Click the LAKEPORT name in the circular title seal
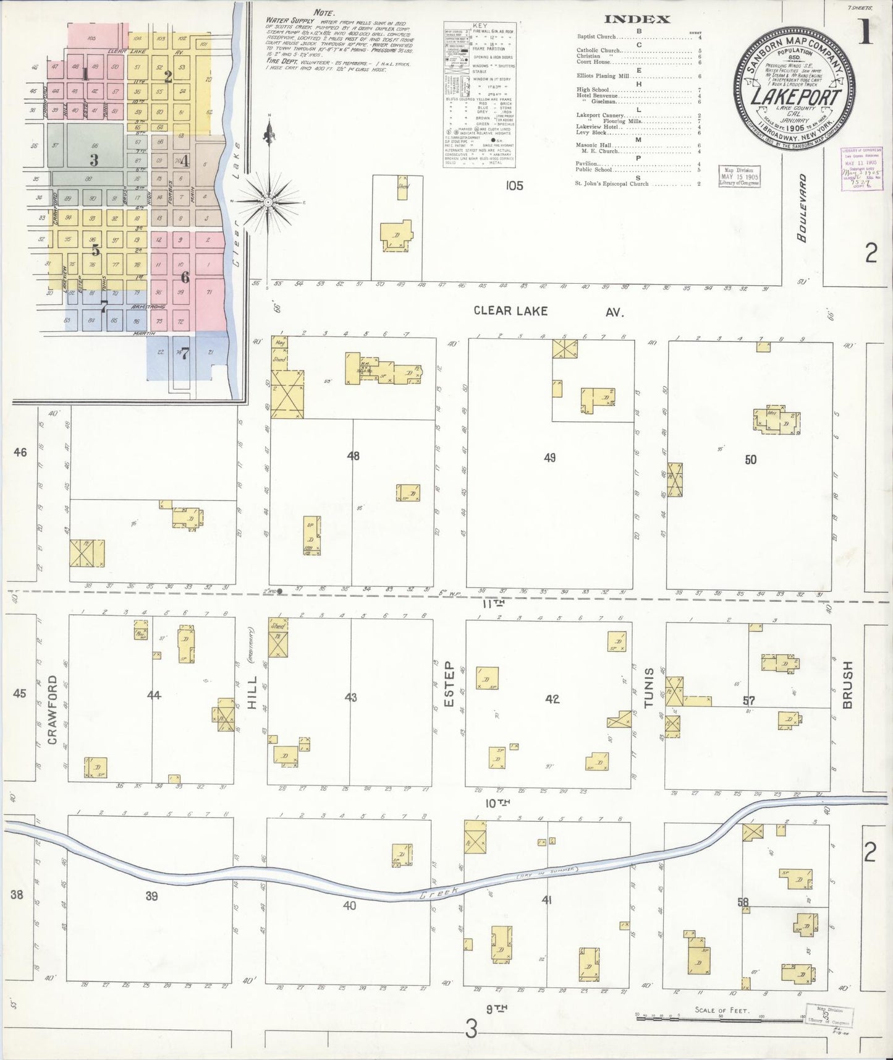(x=796, y=98)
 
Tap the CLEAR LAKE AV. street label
(x=548, y=311)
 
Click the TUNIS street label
(x=648, y=688)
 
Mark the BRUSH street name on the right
(x=848, y=685)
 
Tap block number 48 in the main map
(x=353, y=456)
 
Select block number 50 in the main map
(x=750, y=459)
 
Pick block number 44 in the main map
(x=154, y=695)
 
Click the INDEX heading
(x=637, y=19)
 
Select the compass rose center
(x=269, y=202)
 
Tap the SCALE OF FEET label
(x=722, y=1010)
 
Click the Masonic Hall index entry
(x=593, y=146)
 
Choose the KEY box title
(x=480, y=26)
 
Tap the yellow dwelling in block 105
(x=396, y=236)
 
